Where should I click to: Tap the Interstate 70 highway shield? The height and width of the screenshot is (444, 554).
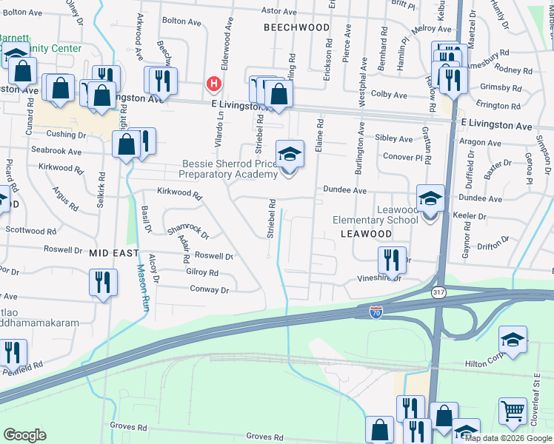(x=376, y=313)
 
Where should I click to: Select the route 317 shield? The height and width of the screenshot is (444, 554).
(x=438, y=292)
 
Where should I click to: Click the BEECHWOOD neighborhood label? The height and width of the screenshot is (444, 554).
(x=296, y=27)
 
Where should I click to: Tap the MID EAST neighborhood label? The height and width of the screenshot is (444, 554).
(x=113, y=253)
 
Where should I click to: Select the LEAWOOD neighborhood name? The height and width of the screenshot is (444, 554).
(x=365, y=233)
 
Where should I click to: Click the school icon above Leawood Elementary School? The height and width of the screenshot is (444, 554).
(x=430, y=198)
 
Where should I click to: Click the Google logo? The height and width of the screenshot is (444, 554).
(x=25, y=435)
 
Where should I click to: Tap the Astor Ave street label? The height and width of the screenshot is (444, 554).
(x=278, y=11)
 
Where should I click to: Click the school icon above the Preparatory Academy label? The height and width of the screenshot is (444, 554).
(x=290, y=154)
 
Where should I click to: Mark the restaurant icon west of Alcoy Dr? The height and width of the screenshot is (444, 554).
(x=102, y=282)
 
